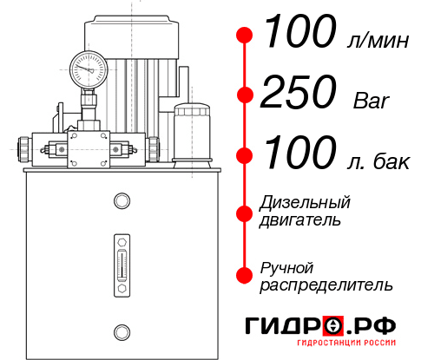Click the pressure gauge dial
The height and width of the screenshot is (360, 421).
pos(87,65)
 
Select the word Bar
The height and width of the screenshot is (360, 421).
pos(372,100)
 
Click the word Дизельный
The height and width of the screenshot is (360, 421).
pos(306,203)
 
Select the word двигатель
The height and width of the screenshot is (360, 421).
pos(300,220)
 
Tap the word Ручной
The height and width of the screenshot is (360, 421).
pos(287,267)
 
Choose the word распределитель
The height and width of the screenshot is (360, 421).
pos(326,285)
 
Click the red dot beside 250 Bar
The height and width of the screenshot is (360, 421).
pos(246,95)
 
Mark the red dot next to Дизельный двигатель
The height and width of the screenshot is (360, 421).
pos(246,212)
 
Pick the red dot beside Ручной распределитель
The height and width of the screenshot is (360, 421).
pos(246,275)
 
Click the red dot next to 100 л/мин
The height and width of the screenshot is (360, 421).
pos(246,34)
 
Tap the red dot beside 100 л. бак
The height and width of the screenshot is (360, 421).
pos(246,156)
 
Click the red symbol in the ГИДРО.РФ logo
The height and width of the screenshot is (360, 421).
pos(333,326)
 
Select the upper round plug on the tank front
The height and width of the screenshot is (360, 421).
pos(122,202)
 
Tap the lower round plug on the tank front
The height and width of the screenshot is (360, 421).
pos(122,330)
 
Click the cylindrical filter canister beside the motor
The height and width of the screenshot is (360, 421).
pos(191,132)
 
